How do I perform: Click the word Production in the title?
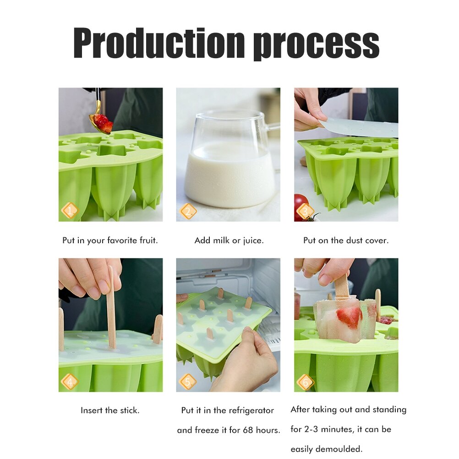tap(159, 43)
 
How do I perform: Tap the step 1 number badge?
tap(70, 210)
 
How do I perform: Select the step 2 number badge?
tap(188, 211)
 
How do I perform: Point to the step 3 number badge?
tap(305, 211)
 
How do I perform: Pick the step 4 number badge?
tap(70, 382)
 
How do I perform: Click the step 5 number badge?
tap(188, 382)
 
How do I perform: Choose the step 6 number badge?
tap(305, 382)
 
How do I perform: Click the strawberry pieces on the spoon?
tap(104, 123)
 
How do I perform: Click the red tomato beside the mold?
tap(301, 207)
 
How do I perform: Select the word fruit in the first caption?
tap(148, 240)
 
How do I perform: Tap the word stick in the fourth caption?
tap(129, 410)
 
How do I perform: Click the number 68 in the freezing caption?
tap(248, 430)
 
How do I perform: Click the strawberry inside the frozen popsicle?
tap(349, 317)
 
